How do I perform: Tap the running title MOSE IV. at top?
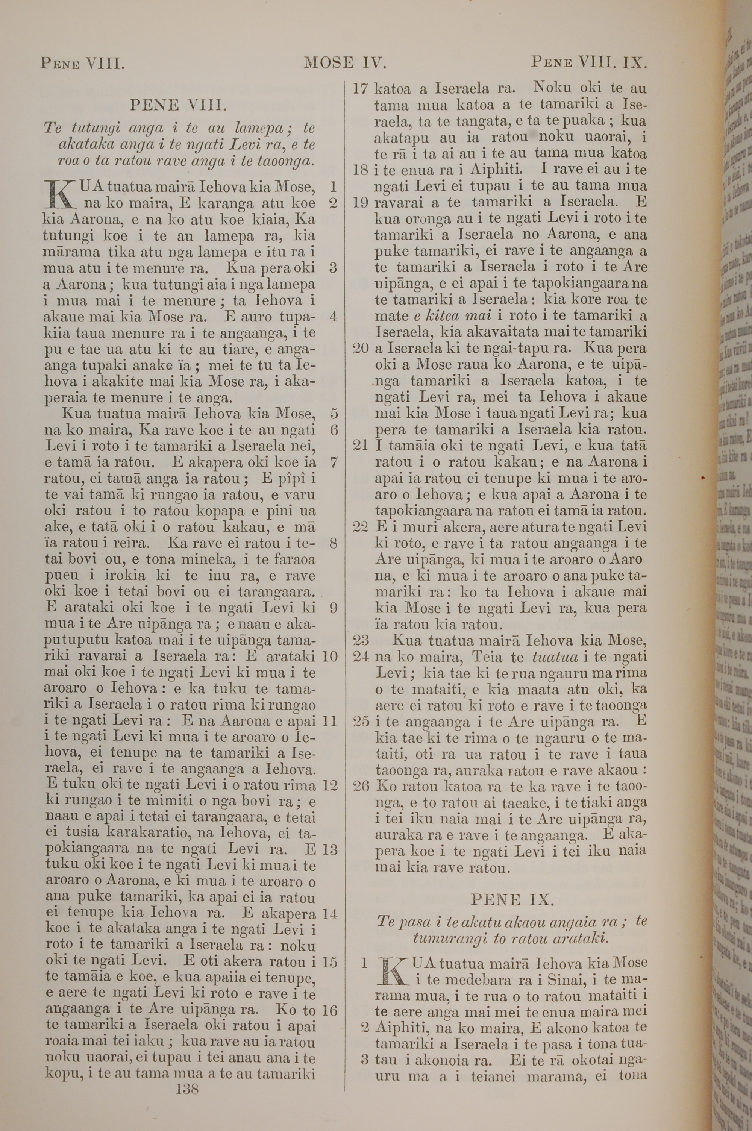click(x=345, y=62)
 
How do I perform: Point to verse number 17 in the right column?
click(x=360, y=89)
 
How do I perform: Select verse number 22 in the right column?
click(x=360, y=526)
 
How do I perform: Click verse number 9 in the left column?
click(x=333, y=608)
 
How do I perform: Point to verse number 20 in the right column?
click(x=360, y=348)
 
